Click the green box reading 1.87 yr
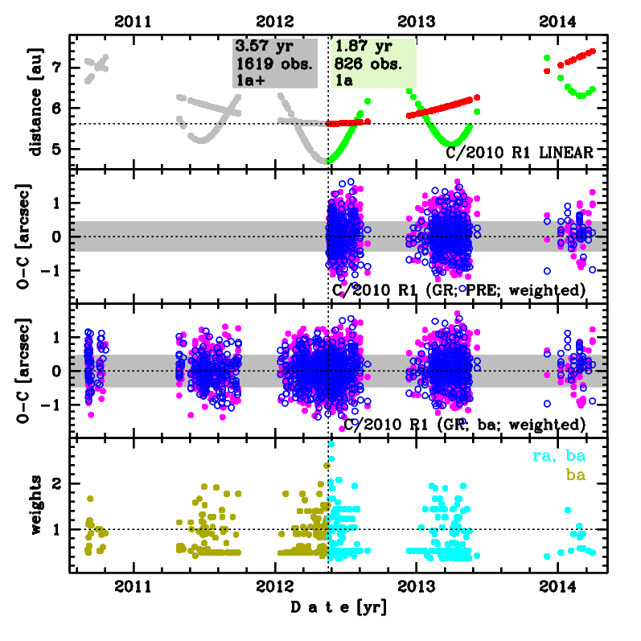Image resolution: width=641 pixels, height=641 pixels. (374, 62)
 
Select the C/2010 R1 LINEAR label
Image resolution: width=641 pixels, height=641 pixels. (520, 152)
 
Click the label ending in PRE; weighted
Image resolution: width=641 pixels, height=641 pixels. (458, 290)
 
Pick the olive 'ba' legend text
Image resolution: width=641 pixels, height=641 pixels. (576, 475)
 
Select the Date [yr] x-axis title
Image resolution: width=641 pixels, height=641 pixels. (338, 606)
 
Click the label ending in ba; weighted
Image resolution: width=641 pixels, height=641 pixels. (463, 424)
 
